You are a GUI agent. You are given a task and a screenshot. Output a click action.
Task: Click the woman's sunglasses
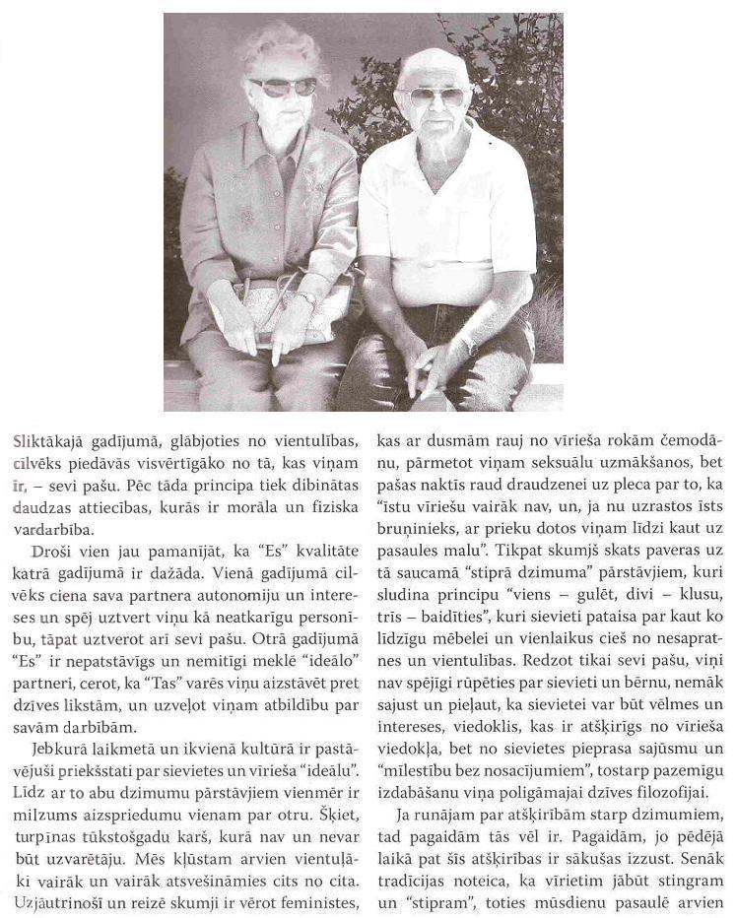pos(283,87)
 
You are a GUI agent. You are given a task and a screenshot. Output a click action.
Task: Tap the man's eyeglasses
pos(438,96)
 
